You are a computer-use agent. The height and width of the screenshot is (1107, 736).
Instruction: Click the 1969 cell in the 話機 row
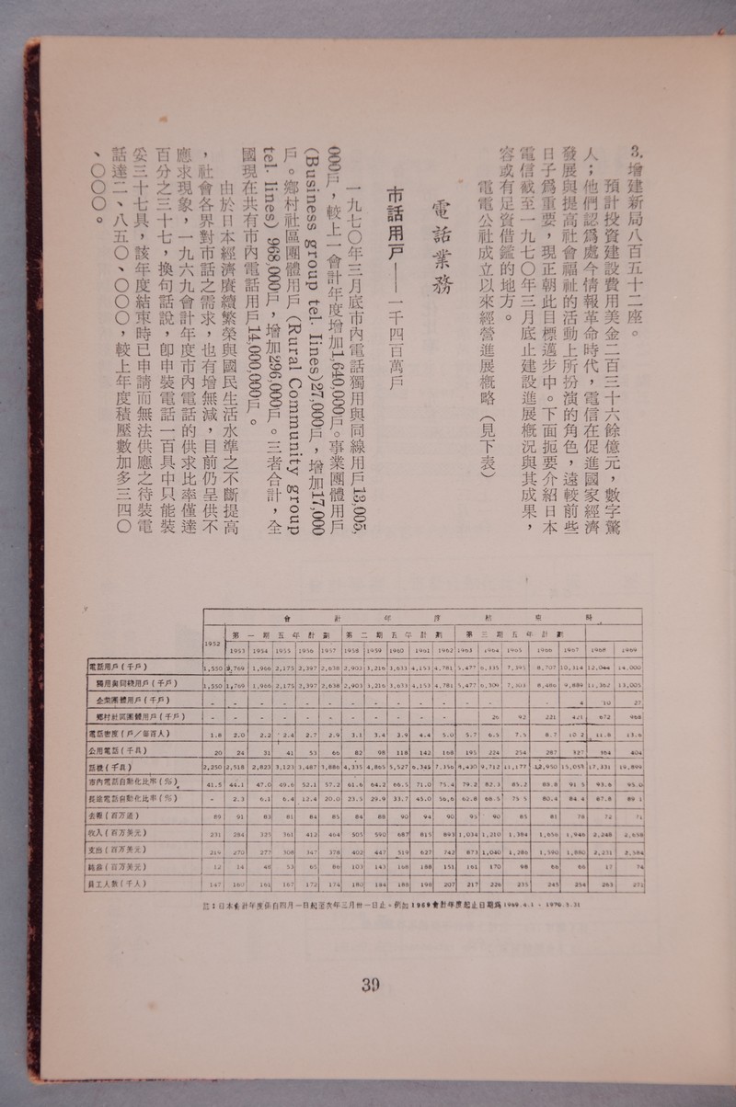[x=630, y=768]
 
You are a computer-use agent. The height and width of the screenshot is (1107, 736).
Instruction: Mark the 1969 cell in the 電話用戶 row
[x=630, y=668]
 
